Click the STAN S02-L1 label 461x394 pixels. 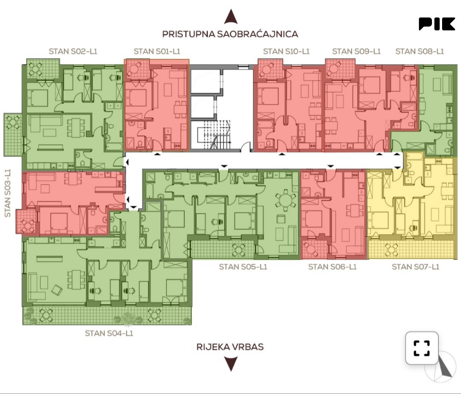point(73,52)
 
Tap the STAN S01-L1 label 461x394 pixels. point(157,52)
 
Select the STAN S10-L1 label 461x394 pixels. point(286,52)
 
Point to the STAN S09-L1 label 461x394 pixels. point(356,52)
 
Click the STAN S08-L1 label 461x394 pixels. point(420,52)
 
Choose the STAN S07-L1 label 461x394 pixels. point(415,267)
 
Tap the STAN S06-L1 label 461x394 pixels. point(332,267)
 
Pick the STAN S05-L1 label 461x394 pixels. point(243,267)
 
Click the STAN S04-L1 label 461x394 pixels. point(109,333)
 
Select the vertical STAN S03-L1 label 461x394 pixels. point(8,193)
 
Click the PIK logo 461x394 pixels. point(437,24)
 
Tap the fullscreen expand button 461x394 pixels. point(422,348)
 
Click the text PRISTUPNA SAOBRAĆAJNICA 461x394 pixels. point(230,34)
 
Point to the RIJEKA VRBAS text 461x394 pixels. point(230,347)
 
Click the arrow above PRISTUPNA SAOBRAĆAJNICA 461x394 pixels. point(231,17)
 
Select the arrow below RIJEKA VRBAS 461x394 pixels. point(231,364)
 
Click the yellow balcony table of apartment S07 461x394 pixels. point(391,250)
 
